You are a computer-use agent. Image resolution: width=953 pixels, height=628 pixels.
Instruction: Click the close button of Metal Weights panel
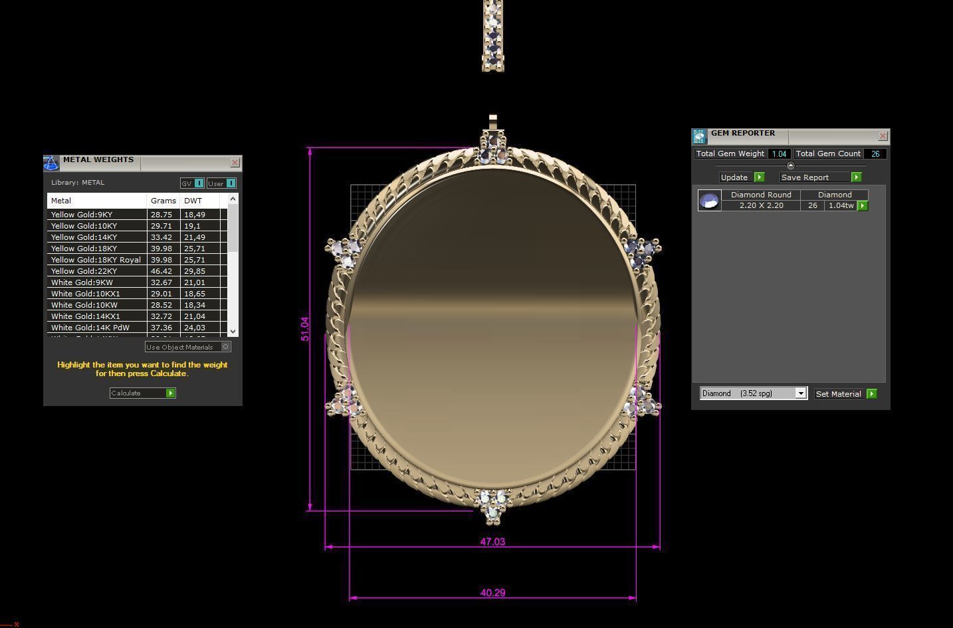pos(235,163)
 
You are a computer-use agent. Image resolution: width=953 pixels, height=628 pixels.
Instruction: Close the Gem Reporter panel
pos(883,136)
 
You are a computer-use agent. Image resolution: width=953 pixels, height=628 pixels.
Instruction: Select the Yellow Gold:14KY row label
pos(84,237)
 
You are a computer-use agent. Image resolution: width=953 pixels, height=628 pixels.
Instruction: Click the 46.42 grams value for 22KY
pos(161,271)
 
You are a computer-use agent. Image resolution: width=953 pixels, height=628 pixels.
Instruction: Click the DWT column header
pos(193,201)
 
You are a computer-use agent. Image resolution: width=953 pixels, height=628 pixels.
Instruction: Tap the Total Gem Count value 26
pos(875,154)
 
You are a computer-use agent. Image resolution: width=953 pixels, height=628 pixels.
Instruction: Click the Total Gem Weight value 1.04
pos(779,154)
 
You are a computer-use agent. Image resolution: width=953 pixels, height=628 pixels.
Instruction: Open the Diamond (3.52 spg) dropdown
pos(754,393)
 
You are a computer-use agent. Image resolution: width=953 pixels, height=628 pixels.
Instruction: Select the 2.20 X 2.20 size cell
pos(761,206)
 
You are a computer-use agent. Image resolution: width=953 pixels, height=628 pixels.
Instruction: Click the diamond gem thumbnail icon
pos(709,200)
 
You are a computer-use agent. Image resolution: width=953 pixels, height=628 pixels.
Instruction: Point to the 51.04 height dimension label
pos(305,329)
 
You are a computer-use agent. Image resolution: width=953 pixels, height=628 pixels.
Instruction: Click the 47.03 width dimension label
pos(492,542)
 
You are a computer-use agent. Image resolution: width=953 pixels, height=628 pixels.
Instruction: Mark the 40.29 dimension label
pos(492,593)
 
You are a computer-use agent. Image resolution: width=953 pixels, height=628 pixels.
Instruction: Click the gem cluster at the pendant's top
pos(492,148)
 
